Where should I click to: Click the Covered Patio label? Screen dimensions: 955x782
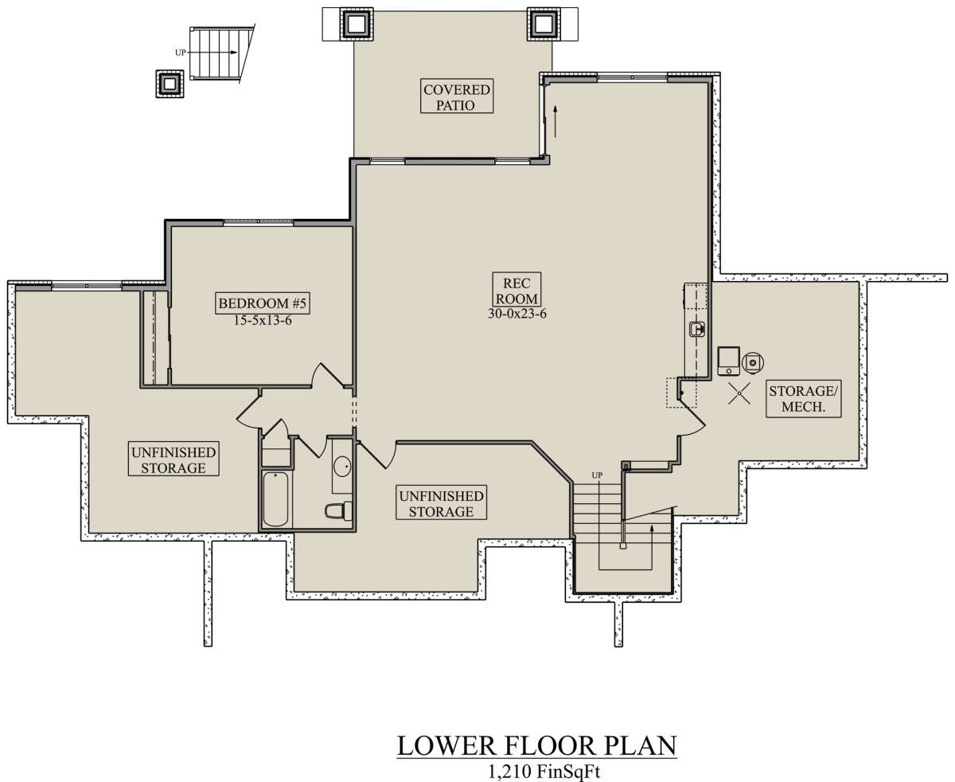point(457,96)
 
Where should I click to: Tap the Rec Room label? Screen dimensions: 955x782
point(516,291)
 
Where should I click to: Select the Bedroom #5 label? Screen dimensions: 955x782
point(263,303)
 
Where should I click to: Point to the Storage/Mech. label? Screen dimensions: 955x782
point(803,399)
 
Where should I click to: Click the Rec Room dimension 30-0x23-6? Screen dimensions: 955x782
point(516,314)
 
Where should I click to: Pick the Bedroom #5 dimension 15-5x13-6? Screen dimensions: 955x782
point(263,321)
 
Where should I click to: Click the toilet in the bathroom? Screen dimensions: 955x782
point(338,510)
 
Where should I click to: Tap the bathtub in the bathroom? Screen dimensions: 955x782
point(275,499)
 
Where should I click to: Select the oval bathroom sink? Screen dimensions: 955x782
point(342,465)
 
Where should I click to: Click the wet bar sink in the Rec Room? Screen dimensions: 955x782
point(697,328)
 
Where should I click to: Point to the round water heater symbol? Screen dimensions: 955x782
point(753,362)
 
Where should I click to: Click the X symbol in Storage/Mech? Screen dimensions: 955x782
point(739,393)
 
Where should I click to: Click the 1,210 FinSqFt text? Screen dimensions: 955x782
point(544,771)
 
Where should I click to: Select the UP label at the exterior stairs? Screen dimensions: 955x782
point(180,53)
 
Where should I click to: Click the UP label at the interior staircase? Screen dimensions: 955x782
point(597,475)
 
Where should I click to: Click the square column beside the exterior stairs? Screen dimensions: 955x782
point(170,84)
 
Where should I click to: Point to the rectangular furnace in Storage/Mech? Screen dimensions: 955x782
point(728,361)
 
